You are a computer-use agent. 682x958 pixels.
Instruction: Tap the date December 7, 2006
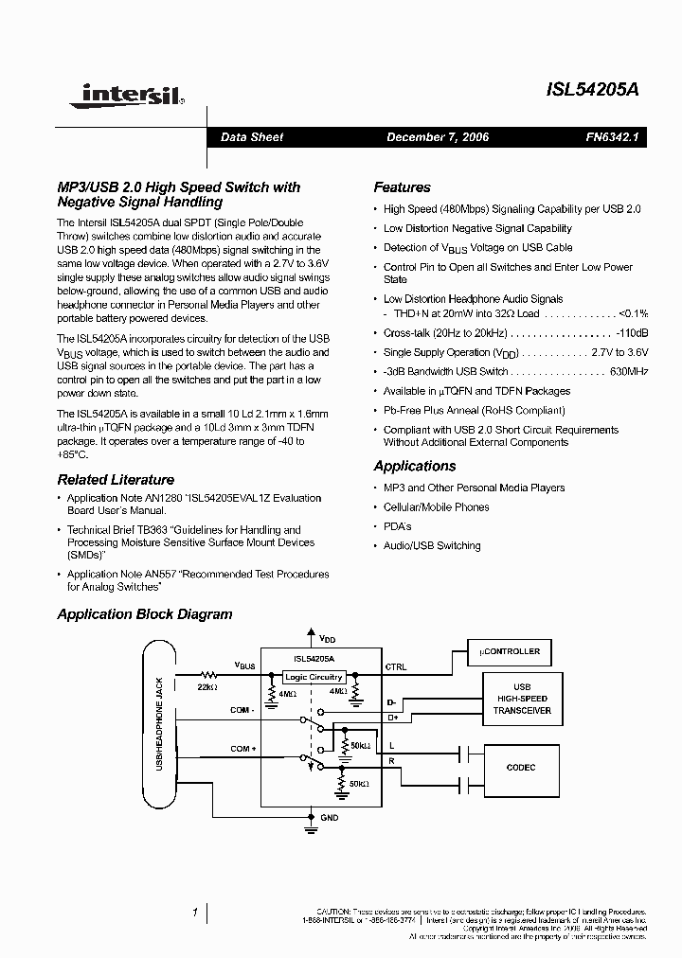437,137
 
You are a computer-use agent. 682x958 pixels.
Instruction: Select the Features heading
402,187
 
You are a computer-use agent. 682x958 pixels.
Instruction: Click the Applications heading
414,466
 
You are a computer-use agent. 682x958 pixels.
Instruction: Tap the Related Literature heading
116,480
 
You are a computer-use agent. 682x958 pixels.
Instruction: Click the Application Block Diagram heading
144,614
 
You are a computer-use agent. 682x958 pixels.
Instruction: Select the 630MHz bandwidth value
629,371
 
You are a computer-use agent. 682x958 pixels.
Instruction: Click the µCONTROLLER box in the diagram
510,651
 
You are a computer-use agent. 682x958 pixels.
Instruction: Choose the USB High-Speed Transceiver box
521,699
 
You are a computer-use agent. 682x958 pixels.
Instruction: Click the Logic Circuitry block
314,678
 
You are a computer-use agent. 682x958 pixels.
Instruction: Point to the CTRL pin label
396,667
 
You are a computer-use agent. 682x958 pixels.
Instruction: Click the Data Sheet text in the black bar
252,137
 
